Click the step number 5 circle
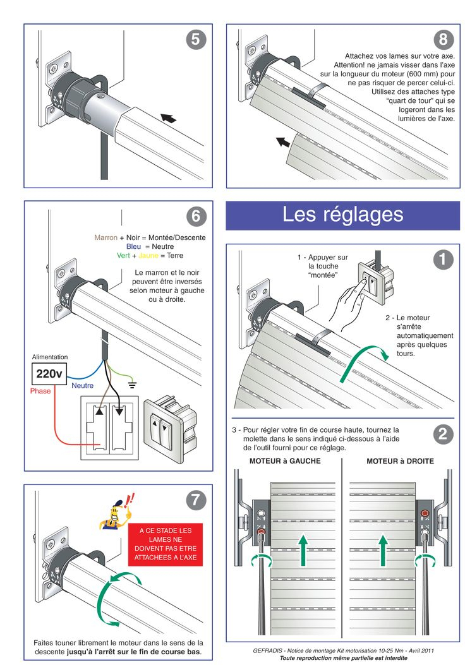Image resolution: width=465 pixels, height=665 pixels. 196,40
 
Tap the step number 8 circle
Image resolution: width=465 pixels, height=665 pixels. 444,40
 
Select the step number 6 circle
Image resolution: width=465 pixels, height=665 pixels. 196,216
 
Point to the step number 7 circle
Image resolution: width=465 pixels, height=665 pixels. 196,500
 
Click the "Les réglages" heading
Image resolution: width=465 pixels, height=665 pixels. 342,214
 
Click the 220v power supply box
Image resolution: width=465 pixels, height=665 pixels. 49,374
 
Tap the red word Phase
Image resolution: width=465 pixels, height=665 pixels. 40,392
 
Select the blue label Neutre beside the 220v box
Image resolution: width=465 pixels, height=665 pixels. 82,385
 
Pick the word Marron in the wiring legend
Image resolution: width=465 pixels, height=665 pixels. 106,238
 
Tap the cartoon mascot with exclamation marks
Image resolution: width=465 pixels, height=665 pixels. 114,512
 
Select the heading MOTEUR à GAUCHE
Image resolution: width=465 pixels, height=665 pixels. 285,461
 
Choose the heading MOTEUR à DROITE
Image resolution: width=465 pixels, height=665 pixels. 400,461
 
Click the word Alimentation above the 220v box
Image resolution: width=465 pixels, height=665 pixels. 49,357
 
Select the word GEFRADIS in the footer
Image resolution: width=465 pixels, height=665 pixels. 267,650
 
